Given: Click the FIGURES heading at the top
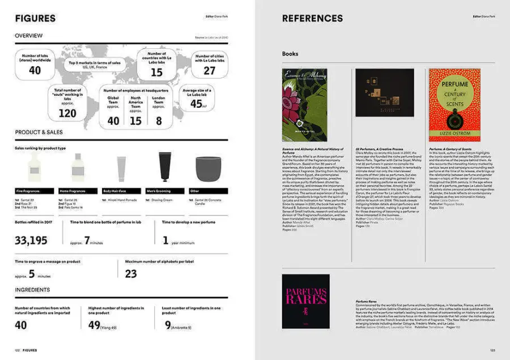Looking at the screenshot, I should [35, 18].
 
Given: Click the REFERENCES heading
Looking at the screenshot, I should [312, 18].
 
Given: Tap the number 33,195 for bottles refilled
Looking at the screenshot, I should [31, 241].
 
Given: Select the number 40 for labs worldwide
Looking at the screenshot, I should [35, 70].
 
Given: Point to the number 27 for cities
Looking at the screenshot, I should [210, 71].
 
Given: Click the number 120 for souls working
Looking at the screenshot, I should [67, 113].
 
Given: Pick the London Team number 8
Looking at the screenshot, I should [159, 121].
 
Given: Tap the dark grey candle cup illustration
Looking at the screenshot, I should [207, 168].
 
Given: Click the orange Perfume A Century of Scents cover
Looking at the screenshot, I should [454, 105].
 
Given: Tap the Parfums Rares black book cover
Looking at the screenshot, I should [305, 301].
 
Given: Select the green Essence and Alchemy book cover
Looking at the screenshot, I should [304, 105].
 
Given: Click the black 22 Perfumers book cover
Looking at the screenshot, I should [385, 92].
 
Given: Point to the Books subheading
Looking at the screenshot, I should [290, 54].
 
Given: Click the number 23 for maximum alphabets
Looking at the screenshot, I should [131, 274].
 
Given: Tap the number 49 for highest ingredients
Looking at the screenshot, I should [94, 325].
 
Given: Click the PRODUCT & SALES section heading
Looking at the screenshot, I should [39, 133].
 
